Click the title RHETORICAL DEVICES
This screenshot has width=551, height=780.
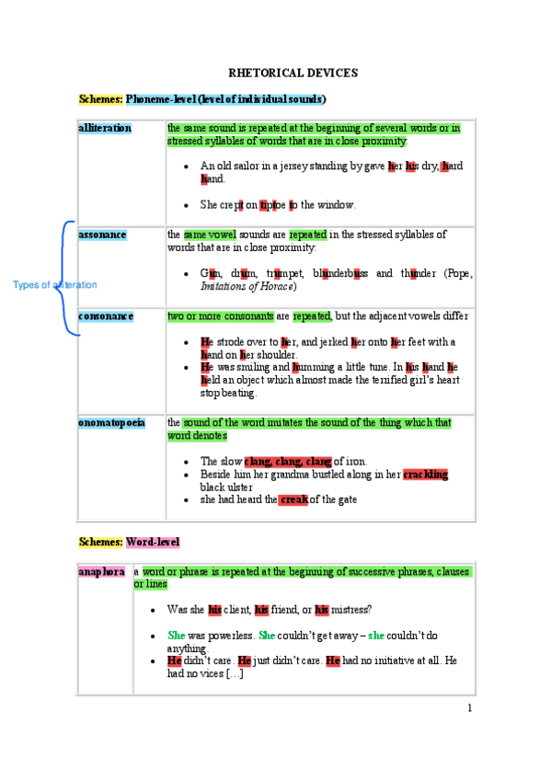click(x=293, y=73)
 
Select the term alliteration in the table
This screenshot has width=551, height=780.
click(x=105, y=128)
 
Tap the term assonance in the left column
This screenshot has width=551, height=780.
click(x=103, y=235)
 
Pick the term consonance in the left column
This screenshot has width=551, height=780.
click(x=106, y=316)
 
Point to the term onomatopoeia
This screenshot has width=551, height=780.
click(x=111, y=423)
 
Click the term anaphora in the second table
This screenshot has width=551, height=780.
click(x=102, y=572)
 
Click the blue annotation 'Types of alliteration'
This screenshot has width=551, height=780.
click(x=54, y=285)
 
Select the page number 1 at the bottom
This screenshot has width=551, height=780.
click(x=469, y=707)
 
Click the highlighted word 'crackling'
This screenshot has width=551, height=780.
click(x=425, y=475)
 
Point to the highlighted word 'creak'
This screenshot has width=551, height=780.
click(x=293, y=499)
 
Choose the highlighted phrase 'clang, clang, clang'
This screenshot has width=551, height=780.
click(x=287, y=461)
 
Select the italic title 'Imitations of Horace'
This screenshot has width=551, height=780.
click(x=247, y=287)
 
